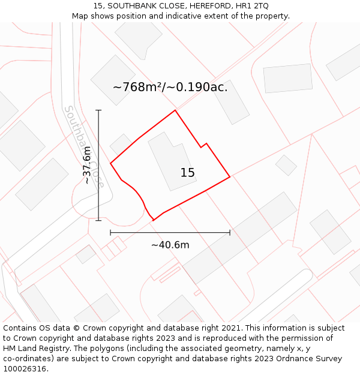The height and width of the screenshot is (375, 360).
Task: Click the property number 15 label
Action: coord(188,173)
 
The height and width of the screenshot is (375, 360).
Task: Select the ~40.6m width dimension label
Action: coord(170,245)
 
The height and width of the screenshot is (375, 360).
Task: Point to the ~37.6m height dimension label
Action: coord(88,165)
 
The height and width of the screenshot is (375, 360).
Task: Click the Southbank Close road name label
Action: coord(84,147)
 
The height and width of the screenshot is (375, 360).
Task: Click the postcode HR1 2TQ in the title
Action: coord(252,6)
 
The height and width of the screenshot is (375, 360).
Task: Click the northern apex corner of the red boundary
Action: coord(175,110)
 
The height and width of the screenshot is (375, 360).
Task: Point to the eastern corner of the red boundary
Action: coord(230,177)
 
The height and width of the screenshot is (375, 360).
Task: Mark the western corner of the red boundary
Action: coord(111,163)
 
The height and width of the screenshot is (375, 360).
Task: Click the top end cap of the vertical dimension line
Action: coord(98,110)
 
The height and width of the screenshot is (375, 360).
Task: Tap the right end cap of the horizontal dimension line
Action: coord(230,232)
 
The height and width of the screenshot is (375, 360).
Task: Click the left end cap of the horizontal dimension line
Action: coord(110,232)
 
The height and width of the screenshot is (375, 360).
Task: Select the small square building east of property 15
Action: coord(286,165)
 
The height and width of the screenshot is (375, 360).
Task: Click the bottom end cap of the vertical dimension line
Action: coord(98,220)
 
